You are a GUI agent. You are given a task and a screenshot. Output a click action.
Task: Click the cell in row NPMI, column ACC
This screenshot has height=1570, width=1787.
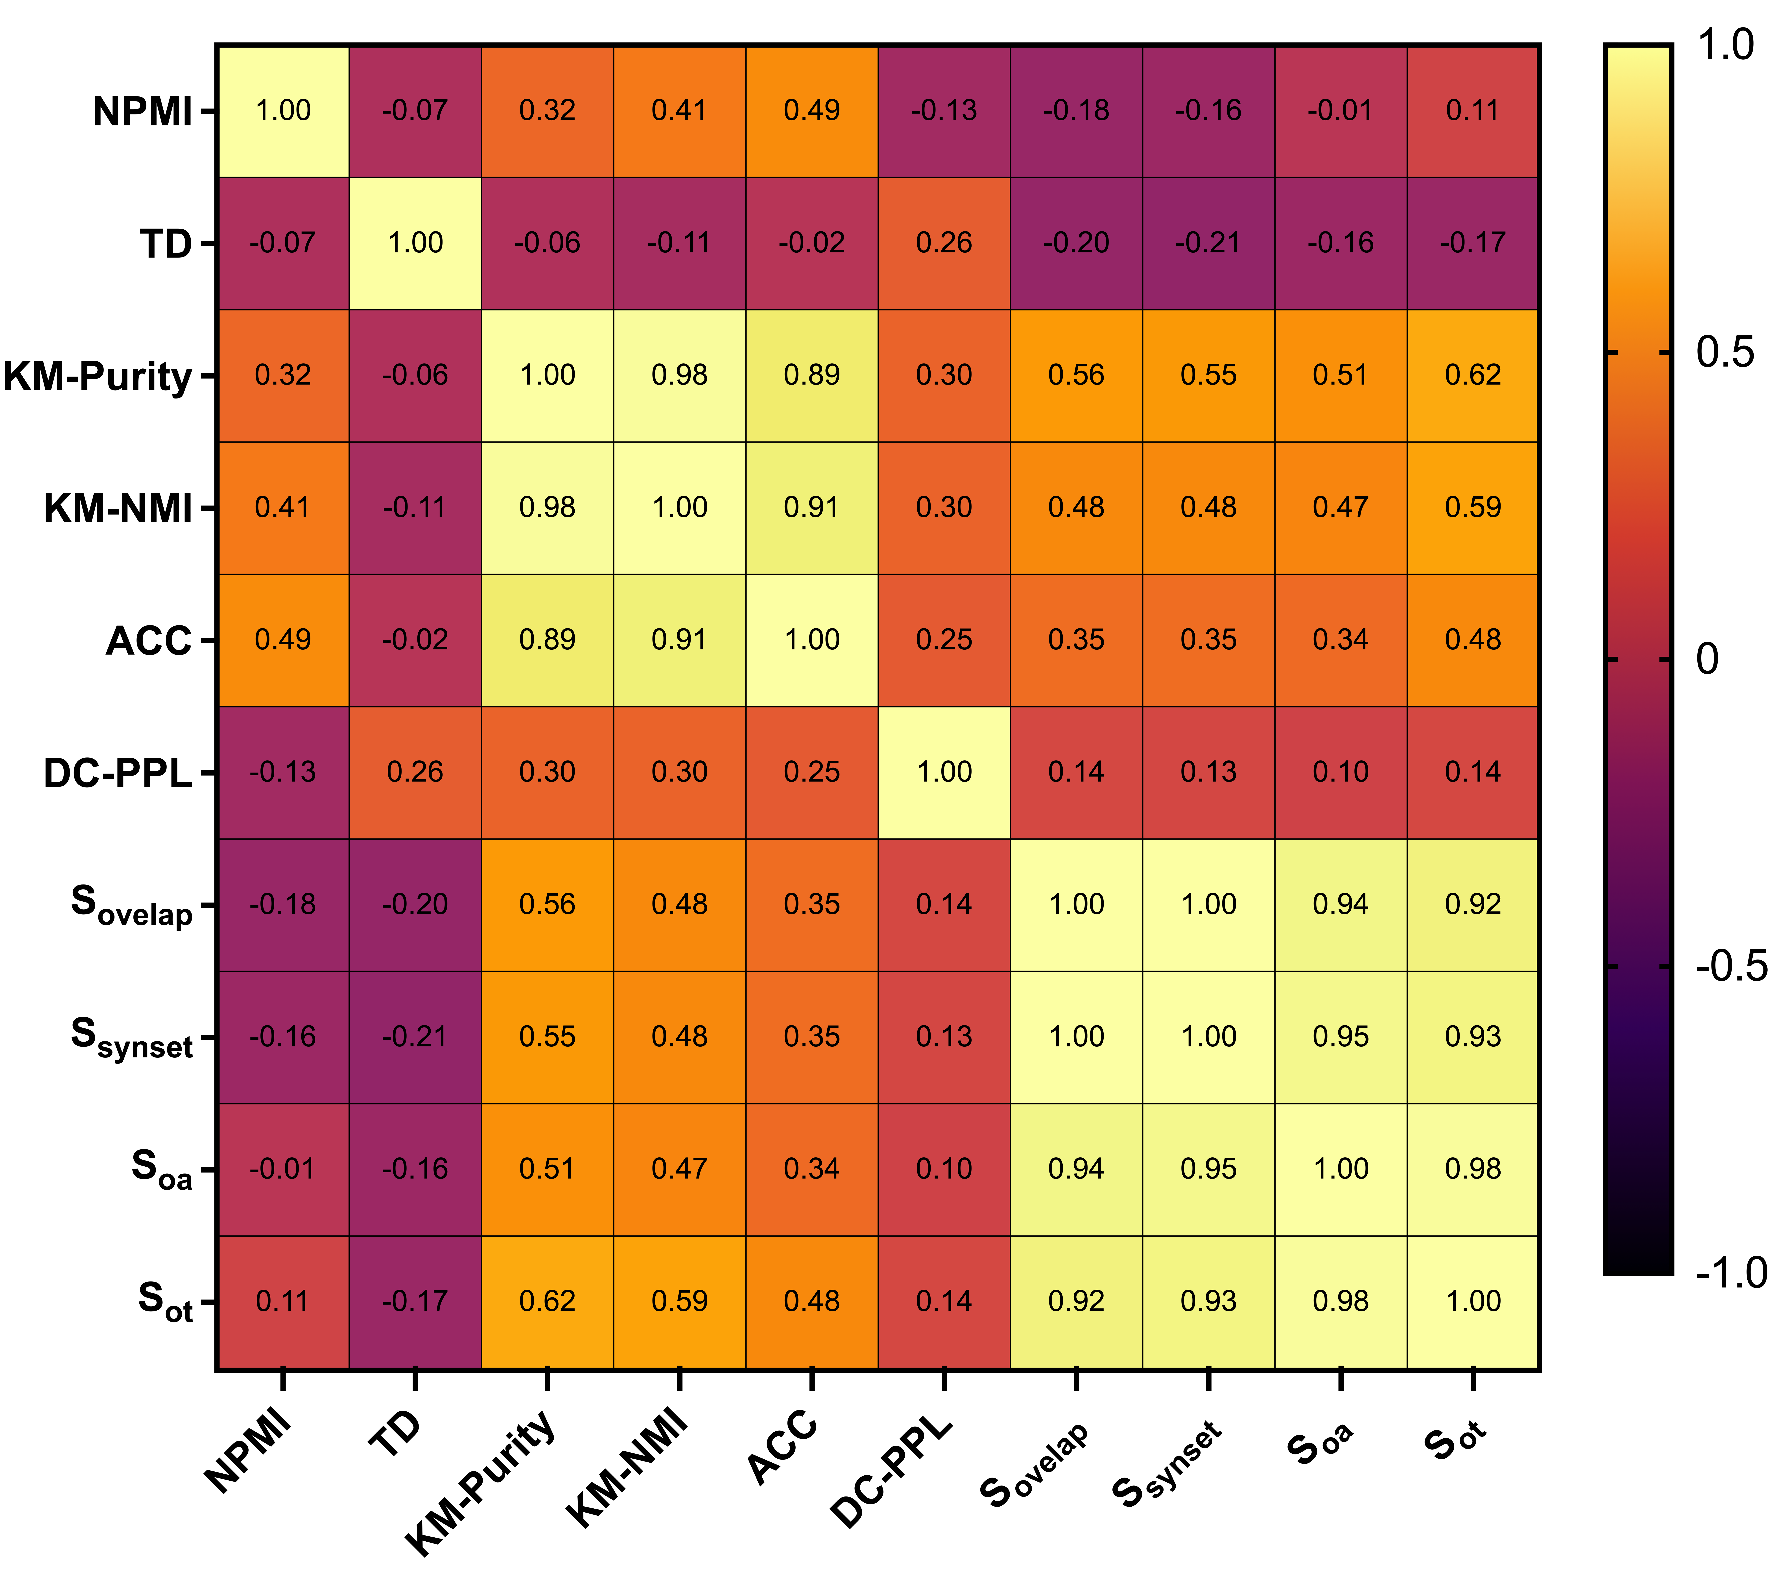click(811, 111)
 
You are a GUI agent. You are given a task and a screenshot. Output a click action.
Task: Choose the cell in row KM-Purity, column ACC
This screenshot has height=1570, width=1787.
click(811, 376)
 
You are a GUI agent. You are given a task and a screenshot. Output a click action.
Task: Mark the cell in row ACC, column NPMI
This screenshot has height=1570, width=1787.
click(282, 640)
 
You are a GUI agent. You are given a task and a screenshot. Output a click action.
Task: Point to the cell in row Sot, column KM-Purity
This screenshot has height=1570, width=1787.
click(547, 1302)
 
